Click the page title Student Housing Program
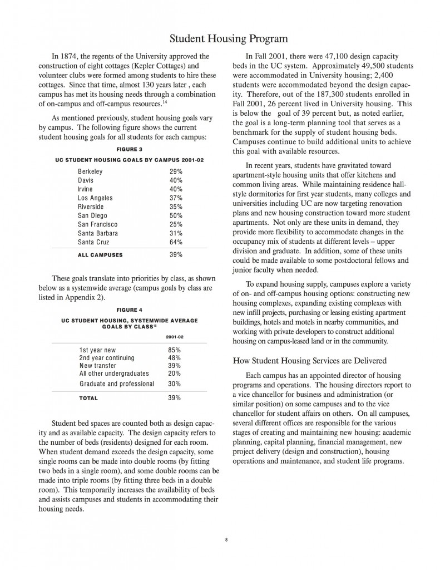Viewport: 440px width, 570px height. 228,38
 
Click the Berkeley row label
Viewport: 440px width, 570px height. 90,171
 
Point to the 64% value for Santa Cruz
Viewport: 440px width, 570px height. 176,242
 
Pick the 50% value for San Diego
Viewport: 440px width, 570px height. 176,215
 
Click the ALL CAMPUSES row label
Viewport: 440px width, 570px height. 100,255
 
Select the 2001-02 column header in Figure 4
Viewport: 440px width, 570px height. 175,337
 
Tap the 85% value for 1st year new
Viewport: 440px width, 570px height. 175,350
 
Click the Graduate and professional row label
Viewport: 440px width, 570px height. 116,384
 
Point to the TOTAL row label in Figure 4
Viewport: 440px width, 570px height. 88,398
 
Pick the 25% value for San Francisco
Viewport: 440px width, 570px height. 176,224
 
